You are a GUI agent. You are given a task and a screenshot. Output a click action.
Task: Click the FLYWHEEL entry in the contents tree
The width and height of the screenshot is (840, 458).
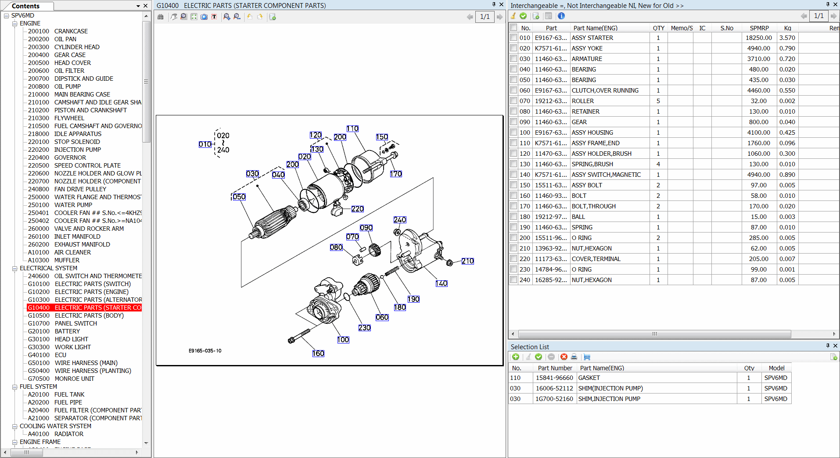[69, 118]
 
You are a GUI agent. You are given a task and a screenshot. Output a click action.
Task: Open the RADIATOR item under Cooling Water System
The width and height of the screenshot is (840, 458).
[68, 434]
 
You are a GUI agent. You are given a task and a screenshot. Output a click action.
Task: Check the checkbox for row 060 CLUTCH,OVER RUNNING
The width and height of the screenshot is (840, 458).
[513, 90]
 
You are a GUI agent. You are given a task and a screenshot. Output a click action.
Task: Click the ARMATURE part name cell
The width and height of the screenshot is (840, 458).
[587, 59]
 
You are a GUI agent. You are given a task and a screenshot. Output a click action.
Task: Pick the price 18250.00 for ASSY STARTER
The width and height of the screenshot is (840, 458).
[758, 38]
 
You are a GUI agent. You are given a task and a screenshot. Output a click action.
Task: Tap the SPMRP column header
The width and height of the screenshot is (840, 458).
[759, 28]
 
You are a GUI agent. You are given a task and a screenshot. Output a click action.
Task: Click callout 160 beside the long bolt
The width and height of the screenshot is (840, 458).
[318, 354]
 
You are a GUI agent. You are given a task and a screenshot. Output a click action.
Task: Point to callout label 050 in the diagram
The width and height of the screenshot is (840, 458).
[239, 197]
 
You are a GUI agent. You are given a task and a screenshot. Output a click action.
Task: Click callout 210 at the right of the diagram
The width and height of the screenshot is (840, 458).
[467, 261]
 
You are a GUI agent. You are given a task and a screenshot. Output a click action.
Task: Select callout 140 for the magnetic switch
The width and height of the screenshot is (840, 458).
[442, 283]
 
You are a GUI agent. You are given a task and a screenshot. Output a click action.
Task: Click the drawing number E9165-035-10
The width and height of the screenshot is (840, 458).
[205, 351]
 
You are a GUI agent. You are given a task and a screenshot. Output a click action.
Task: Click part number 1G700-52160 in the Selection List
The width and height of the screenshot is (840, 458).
[554, 399]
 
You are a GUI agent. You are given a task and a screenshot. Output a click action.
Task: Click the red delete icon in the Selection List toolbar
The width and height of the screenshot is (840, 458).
[564, 357]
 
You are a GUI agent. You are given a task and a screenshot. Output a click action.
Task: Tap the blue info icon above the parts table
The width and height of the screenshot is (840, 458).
[561, 16]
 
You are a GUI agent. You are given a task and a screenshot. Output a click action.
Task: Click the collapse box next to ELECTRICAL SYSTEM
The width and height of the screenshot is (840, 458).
[14, 268]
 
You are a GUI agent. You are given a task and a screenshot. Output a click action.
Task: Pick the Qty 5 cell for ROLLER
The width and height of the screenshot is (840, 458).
[658, 101]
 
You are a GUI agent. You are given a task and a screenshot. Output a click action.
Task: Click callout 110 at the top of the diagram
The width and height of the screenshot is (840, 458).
[352, 129]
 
